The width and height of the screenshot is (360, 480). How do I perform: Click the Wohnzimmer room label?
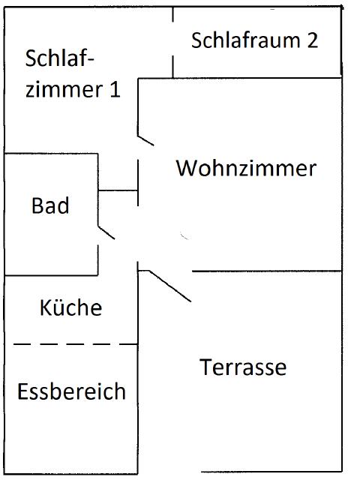[x=246, y=168]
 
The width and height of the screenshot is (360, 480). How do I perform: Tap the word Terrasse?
[x=243, y=367]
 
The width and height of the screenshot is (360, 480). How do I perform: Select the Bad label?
[x=50, y=205]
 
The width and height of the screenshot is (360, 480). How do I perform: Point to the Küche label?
[x=71, y=307]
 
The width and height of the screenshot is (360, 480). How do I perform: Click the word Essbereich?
[x=72, y=391]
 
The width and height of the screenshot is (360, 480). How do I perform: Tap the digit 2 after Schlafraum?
[x=313, y=40]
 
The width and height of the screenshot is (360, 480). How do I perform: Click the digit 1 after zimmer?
[x=115, y=89]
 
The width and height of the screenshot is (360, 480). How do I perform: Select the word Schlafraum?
[x=245, y=40]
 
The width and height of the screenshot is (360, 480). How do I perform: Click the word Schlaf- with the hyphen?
[x=59, y=58]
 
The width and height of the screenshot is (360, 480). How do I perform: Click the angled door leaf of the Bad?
[x=106, y=232]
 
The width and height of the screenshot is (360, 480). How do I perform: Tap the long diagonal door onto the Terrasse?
[x=170, y=286]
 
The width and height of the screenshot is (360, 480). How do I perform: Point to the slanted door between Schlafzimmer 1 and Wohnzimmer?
[x=145, y=140]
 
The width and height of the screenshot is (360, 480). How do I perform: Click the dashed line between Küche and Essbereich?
[x=75, y=344]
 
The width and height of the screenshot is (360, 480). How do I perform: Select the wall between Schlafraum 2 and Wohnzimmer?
[x=240, y=78]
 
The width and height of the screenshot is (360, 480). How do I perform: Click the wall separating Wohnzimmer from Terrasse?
[x=267, y=271]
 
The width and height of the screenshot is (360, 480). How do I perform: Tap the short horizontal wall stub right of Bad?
[x=118, y=190]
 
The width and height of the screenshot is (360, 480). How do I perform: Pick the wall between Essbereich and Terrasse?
[x=138, y=372]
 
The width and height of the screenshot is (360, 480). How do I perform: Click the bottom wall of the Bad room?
[x=51, y=275]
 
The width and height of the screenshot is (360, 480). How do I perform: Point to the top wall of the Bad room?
[x=51, y=153]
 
